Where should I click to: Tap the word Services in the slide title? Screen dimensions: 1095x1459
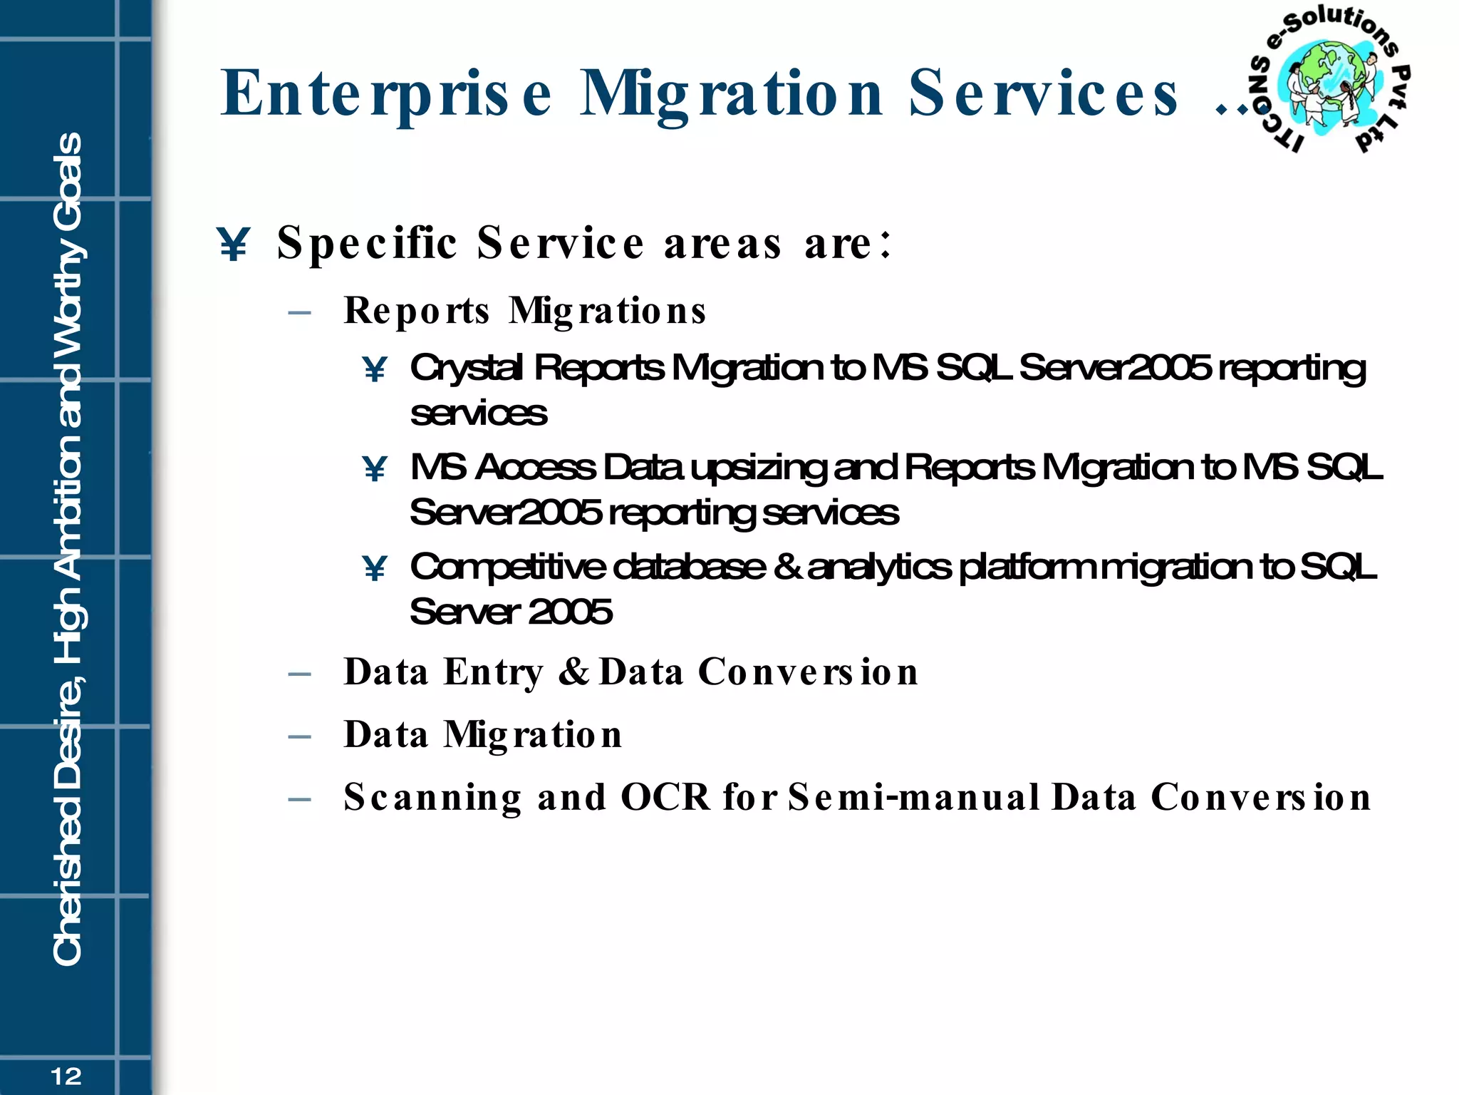[1043, 93]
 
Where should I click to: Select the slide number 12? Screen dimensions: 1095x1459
[66, 1076]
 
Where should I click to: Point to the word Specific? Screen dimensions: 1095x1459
[367, 244]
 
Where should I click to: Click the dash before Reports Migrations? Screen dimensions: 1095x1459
[300, 312]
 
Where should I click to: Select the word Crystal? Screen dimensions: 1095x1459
[467, 369]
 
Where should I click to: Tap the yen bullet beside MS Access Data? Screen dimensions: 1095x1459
[374, 468]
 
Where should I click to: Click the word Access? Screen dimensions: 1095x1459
[535, 468]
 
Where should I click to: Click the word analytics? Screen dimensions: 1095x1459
[879, 567]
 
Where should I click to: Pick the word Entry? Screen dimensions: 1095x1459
[493, 672]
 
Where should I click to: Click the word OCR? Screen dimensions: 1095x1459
[665, 797]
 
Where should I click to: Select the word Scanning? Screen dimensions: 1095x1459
[432, 798]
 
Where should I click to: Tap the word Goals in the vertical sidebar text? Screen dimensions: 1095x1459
[68, 182]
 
